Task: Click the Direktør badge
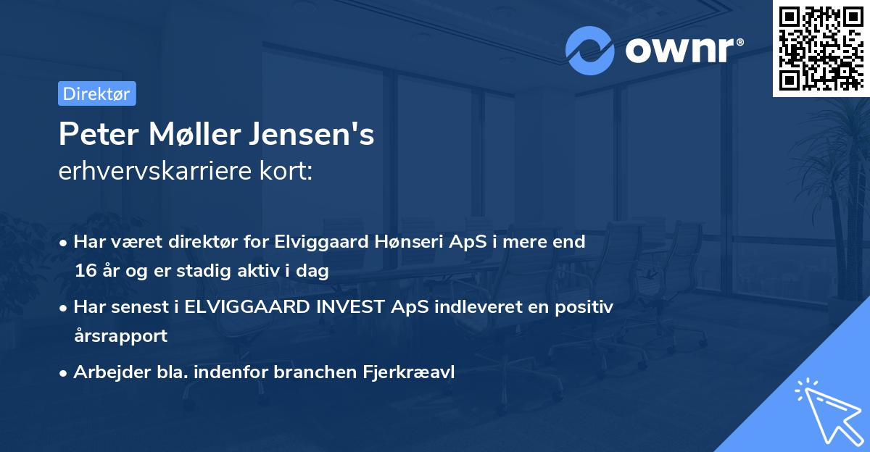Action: pos(96,93)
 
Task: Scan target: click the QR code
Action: pos(820,49)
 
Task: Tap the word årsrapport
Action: pos(120,335)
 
